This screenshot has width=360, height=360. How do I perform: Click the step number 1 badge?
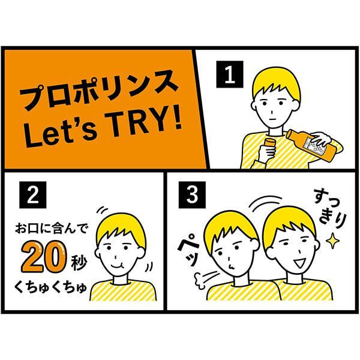pos(228,75)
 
